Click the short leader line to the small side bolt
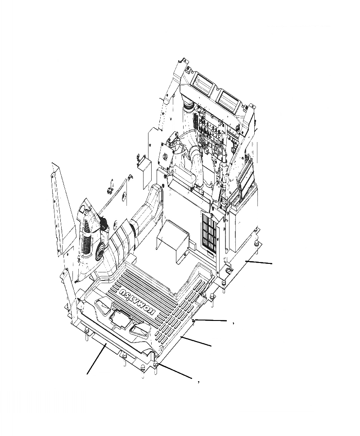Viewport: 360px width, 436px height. tap(211, 320)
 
